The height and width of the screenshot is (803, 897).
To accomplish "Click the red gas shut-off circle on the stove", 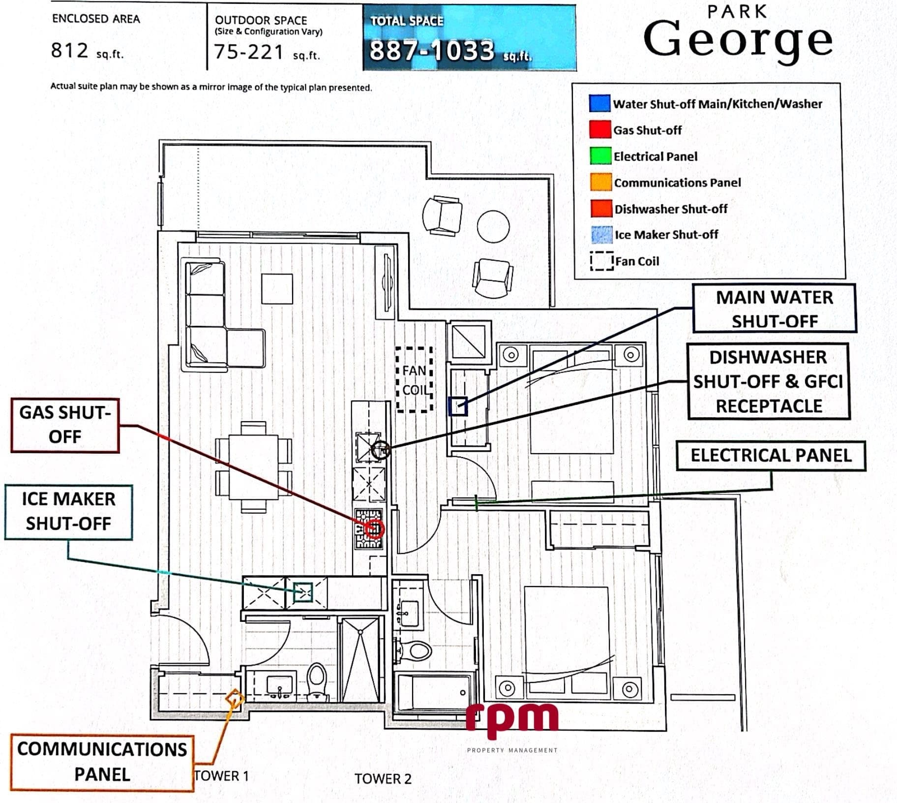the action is pos(375,529).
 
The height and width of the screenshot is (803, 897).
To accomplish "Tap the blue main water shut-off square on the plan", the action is pos(458,407).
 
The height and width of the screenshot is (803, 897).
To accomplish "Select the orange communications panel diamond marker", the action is pos(235,698).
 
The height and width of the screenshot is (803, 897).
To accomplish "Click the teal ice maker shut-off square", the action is pos(303,592).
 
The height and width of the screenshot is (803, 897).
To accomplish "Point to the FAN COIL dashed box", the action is pos(415,379).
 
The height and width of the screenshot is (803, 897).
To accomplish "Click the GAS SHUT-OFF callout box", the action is pos(65,425).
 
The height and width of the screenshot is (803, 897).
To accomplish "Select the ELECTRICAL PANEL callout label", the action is pos(771,456).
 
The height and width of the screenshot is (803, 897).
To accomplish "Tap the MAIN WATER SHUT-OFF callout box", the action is pos(774,309).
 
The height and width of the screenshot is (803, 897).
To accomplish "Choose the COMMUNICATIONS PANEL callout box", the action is pos(102,763).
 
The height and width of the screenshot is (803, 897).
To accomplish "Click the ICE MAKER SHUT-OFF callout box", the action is pos(68,512).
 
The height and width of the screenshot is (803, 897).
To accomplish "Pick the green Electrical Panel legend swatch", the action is pos(600,156).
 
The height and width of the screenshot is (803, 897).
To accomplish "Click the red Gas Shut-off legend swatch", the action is pos(600,129).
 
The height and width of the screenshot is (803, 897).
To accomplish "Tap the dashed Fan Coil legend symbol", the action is pos(601,261).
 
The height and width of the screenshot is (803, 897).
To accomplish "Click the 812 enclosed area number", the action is pos(70,50).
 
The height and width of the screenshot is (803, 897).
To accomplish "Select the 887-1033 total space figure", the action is pos(432,51).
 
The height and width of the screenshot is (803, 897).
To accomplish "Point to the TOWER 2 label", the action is pos(383,779).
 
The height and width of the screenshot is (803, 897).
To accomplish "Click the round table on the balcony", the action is pos(493,227).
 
